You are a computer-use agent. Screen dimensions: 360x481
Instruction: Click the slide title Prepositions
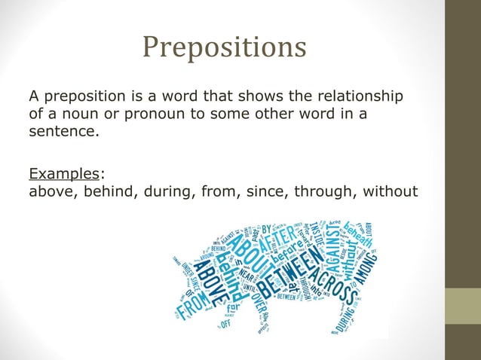225,47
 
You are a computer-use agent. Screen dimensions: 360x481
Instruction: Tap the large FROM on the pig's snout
195,301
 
